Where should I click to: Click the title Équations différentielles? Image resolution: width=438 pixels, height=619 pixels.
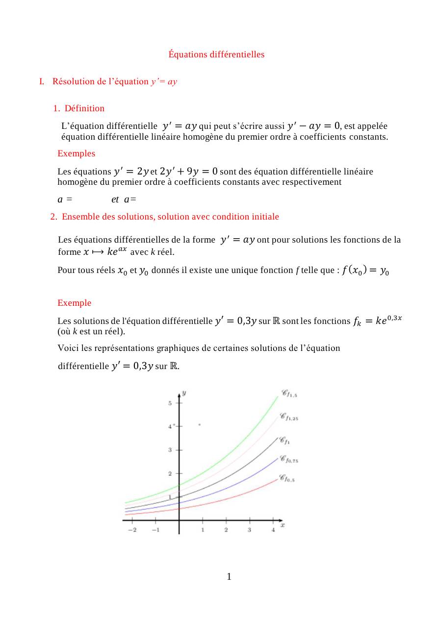[216, 54]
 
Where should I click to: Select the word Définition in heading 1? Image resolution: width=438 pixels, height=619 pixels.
[84, 108]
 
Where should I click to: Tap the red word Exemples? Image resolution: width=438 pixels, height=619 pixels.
[76, 153]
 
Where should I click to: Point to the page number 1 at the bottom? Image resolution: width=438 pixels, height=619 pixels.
[229, 577]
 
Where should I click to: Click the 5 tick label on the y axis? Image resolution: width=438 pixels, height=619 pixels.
[170, 403]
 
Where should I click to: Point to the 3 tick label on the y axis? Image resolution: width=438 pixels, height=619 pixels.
[170, 450]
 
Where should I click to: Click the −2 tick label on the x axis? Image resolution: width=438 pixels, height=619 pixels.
[132, 530]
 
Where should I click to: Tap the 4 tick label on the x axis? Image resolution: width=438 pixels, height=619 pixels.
[273, 530]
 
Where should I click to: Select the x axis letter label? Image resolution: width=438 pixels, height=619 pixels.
[283, 525]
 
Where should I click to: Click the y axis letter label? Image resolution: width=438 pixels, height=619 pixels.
[183, 393]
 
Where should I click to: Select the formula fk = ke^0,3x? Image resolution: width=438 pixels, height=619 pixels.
[378, 321]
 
